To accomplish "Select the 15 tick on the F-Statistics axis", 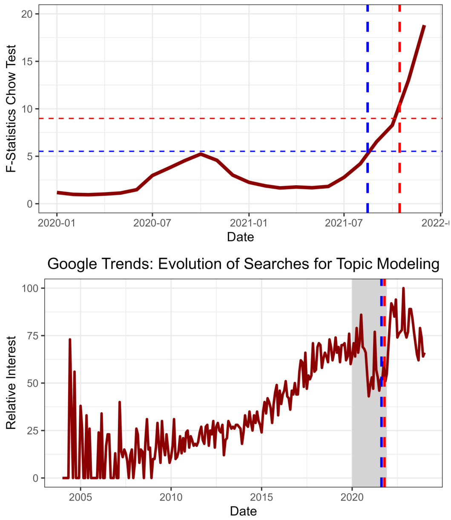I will pos(29,61).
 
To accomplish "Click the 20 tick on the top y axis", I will pos(29,14).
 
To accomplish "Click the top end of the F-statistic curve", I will pos(424,26).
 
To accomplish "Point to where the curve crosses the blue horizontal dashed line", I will pos(368,151).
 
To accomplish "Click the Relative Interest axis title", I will pos(11,383).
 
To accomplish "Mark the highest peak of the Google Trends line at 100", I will pos(403,288).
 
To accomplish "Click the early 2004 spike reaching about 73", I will pos(69,339).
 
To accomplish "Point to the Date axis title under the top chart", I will pos(240,236).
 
